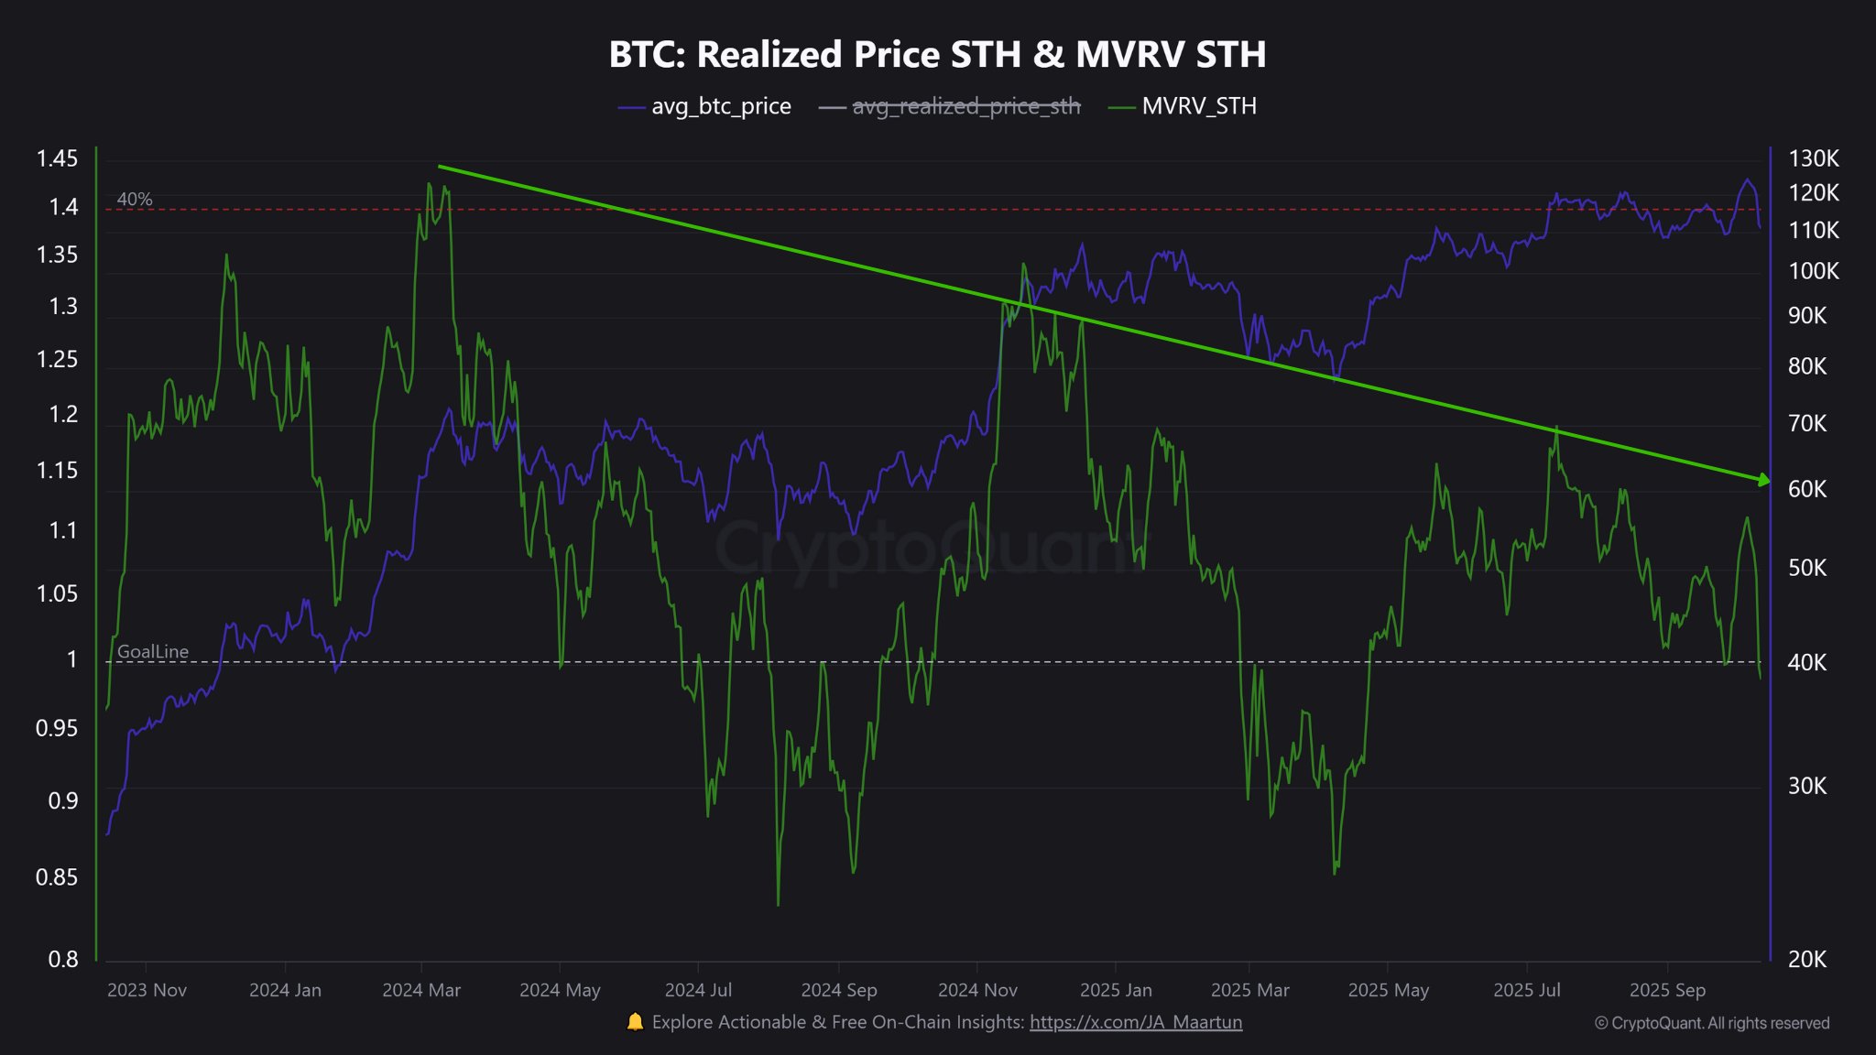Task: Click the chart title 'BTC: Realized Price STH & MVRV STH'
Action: click(937, 54)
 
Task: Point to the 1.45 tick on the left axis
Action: click(57, 159)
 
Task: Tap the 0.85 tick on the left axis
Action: click(57, 877)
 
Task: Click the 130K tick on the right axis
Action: click(1813, 159)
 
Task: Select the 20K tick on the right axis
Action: click(1806, 960)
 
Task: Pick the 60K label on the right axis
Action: click(1806, 489)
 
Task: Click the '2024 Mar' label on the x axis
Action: click(421, 990)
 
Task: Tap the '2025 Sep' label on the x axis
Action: click(1667, 990)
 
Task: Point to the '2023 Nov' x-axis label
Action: click(147, 990)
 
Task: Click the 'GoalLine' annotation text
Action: click(153, 652)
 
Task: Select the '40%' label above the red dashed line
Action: click(135, 199)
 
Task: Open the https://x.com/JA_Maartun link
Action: click(1136, 1022)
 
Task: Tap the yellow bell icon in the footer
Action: click(635, 1022)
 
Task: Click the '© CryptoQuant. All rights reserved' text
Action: click(1712, 1023)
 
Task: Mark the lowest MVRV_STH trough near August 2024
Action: click(778, 905)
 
